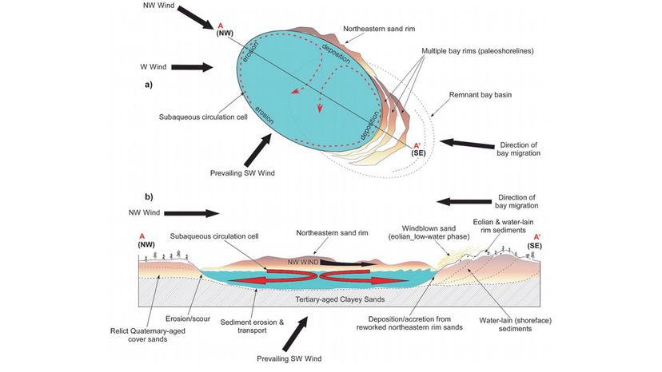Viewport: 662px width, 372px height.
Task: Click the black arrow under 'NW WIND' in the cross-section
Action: tap(343, 262)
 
